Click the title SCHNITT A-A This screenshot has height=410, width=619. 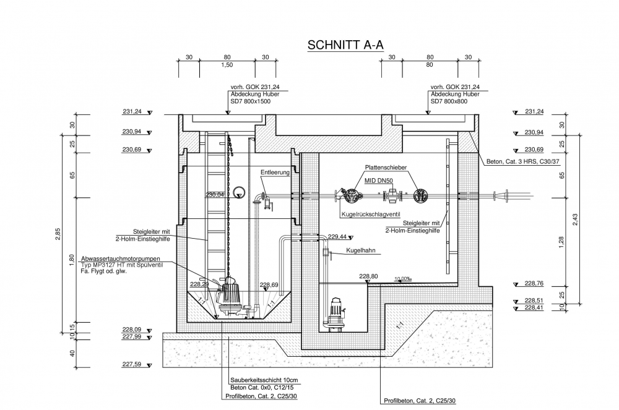click(346, 45)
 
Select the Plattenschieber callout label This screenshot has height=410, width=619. click(386, 168)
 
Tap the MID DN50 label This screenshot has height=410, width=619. click(379, 180)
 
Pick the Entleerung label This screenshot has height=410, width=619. click(275, 173)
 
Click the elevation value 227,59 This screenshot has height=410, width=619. click(132, 364)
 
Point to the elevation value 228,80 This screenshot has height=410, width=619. click(368, 276)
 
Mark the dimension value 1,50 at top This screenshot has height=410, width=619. click(227, 65)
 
